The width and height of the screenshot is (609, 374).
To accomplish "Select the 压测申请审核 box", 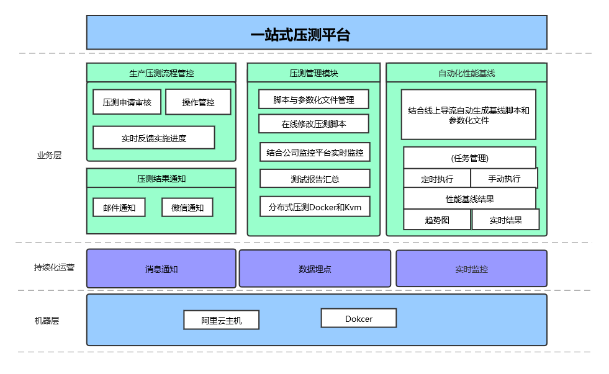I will pyautogui.click(x=127, y=102).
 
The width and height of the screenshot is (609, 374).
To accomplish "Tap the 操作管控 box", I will pyautogui.click(x=198, y=102).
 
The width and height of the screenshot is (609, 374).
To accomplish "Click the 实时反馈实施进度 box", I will pyautogui.click(x=153, y=138).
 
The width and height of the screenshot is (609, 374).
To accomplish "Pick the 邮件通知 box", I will pyautogui.click(x=119, y=207).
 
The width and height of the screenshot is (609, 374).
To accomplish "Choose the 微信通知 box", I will pyautogui.click(x=187, y=207).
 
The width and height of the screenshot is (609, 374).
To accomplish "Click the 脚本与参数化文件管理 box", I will pyautogui.click(x=314, y=99).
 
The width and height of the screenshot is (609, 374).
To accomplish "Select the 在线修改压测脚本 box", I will pyautogui.click(x=314, y=123).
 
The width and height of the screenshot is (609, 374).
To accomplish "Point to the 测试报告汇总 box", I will pyautogui.click(x=315, y=179).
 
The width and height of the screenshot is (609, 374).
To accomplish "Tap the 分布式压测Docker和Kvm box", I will pyautogui.click(x=315, y=207).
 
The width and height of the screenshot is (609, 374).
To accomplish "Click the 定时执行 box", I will pyautogui.click(x=437, y=179).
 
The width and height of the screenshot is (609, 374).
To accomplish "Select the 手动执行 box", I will pyautogui.click(x=504, y=179).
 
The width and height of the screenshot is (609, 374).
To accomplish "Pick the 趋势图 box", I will pyautogui.click(x=437, y=220).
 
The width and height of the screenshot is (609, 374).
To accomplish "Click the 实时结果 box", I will pyautogui.click(x=505, y=220).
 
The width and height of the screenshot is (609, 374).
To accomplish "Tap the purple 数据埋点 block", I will pyautogui.click(x=315, y=269).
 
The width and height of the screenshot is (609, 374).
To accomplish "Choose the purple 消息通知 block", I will pyautogui.click(x=161, y=269).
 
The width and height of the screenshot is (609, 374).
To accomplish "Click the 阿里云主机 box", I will pyautogui.click(x=221, y=320).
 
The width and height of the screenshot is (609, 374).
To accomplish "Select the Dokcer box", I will pyautogui.click(x=358, y=318).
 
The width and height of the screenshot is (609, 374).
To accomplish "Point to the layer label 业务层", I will pyautogui.click(x=49, y=155).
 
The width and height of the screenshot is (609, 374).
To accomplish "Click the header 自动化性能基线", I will pyautogui.click(x=466, y=73).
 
